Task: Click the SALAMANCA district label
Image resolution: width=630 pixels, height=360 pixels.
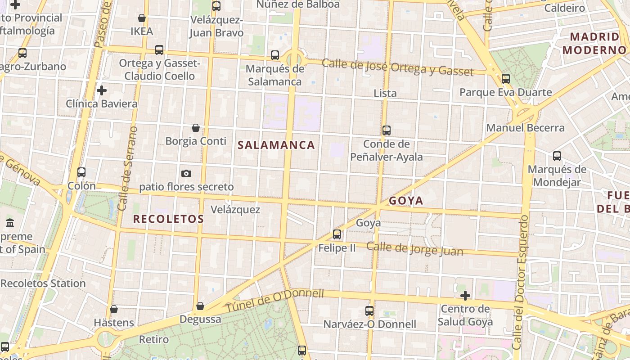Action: click(x=276, y=145)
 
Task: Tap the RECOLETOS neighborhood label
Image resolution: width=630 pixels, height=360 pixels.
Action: click(x=168, y=219)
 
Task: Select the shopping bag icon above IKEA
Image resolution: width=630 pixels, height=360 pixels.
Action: click(x=142, y=18)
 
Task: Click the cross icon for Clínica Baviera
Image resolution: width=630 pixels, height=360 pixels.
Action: click(x=102, y=90)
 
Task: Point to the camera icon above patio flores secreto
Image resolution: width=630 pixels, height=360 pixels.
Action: click(x=186, y=173)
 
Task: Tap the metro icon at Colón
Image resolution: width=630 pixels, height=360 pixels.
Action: click(x=81, y=172)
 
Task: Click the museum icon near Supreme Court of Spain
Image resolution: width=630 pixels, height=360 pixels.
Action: click(x=10, y=223)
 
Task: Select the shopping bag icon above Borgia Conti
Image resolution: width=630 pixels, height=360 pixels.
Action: click(x=196, y=128)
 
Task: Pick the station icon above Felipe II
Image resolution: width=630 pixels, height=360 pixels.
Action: click(x=337, y=234)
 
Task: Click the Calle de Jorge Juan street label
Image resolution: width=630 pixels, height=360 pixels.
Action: click(x=414, y=249)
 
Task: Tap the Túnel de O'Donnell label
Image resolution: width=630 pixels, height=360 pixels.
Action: click(x=274, y=301)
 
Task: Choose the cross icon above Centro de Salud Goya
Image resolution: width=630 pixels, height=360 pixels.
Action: click(x=465, y=296)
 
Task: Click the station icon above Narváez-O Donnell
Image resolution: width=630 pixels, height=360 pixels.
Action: click(x=369, y=311)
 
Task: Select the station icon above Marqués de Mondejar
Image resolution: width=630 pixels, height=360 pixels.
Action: click(x=557, y=156)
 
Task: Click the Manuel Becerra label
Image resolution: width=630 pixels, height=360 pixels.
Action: click(x=525, y=127)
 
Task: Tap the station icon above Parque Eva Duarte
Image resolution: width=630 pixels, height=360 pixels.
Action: click(x=506, y=79)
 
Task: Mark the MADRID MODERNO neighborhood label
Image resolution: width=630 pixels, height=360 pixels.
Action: click(x=594, y=43)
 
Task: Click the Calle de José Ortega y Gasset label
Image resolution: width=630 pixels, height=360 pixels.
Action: click(x=397, y=67)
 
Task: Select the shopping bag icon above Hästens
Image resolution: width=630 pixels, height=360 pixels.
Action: click(x=114, y=309)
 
